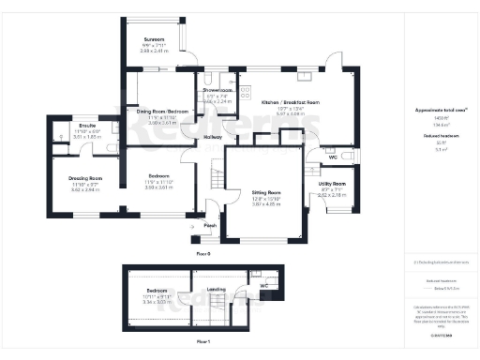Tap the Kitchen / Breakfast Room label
click(x=290, y=100)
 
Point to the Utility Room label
click(x=333, y=183)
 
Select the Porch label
click(x=211, y=225)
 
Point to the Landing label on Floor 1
click(x=216, y=290)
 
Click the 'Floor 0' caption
click(x=202, y=254)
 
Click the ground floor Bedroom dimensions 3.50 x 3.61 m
click(x=162, y=188)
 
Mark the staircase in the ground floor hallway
click(x=215, y=174)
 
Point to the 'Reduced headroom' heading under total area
click(x=439, y=134)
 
